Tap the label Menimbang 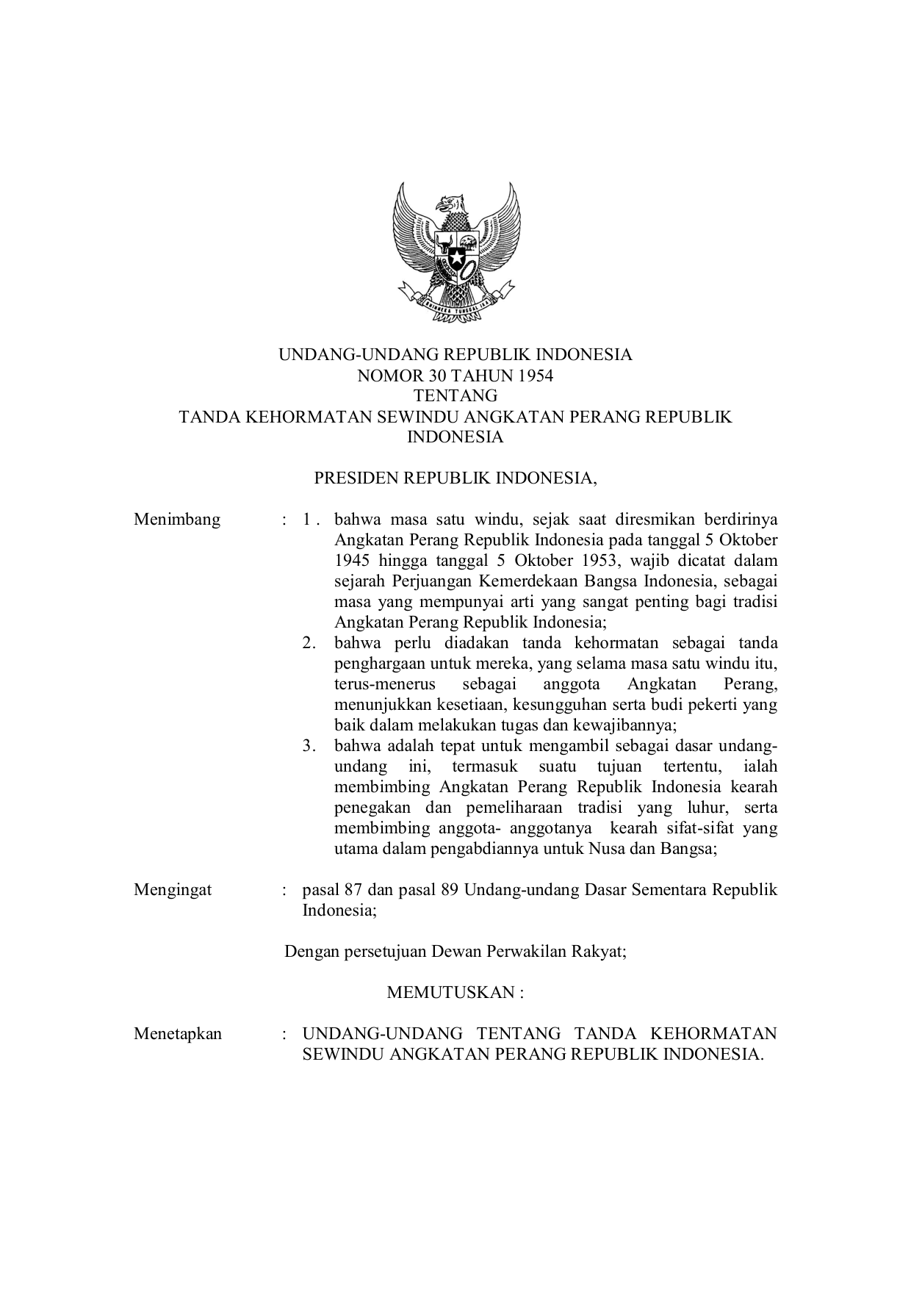tap(177, 520)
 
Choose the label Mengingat tap(173, 890)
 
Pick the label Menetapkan tap(178, 1034)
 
